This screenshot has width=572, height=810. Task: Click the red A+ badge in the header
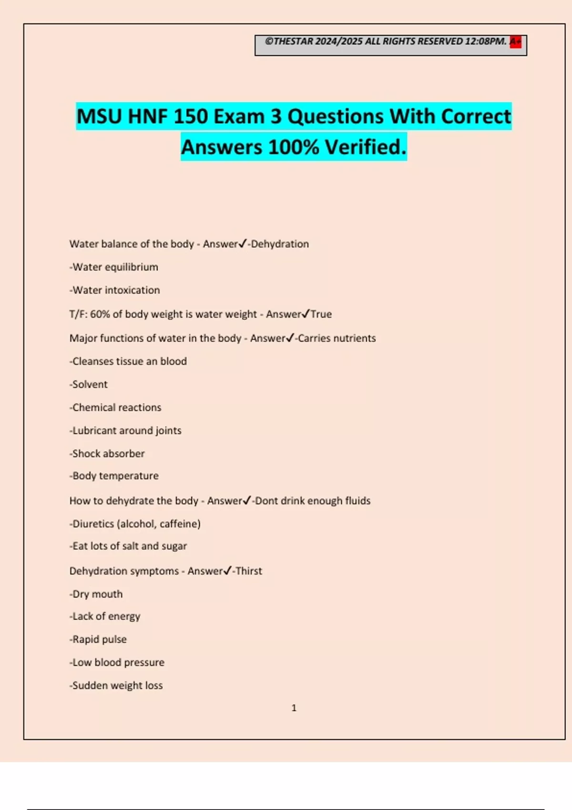coord(515,42)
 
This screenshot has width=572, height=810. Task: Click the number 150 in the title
coord(190,116)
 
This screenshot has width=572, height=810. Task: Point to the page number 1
coord(294,708)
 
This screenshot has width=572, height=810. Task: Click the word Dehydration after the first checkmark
coord(280,244)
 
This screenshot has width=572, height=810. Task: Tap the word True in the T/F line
coord(321,314)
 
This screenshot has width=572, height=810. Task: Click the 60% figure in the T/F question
coord(100,314)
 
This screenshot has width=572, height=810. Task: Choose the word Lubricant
coord(93,430)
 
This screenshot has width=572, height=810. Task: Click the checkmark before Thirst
coord(227,570)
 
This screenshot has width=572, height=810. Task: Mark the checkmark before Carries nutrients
coord(290,338)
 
